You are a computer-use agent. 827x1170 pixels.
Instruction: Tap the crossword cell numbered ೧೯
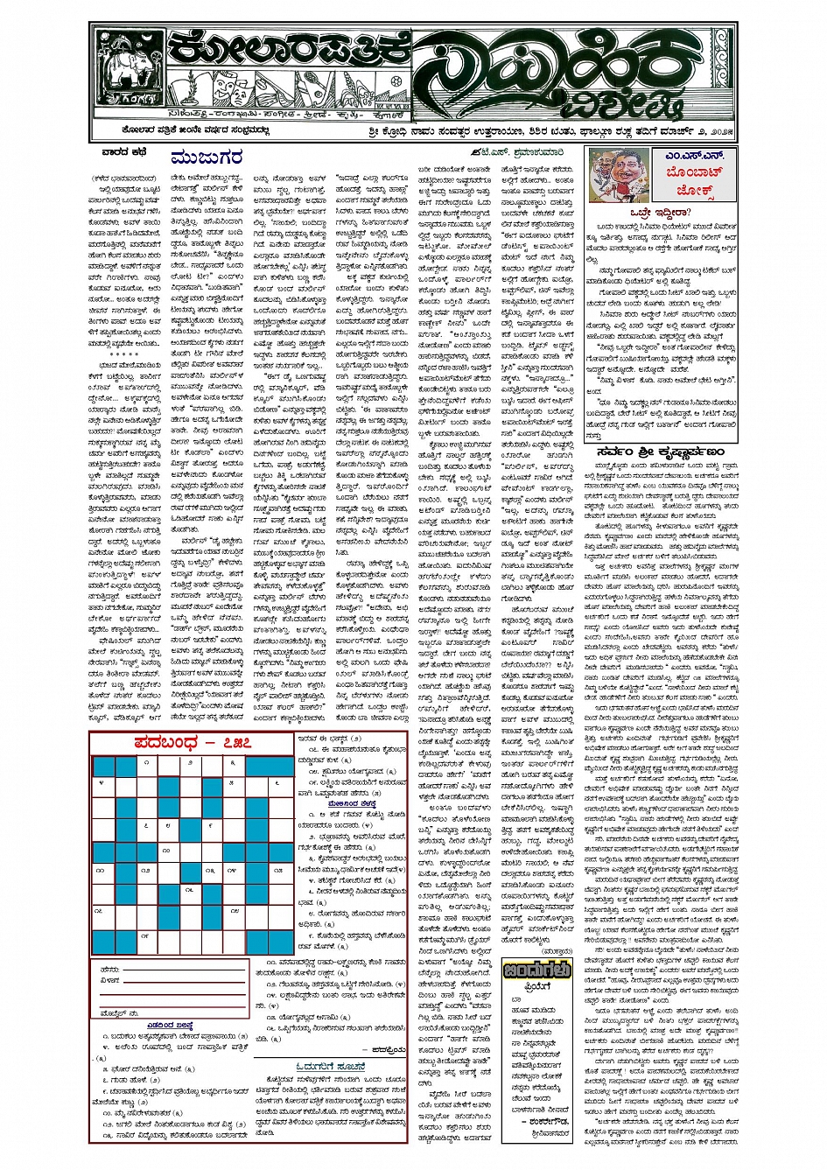145,935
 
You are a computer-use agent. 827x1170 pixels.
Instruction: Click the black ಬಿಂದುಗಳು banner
536,970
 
